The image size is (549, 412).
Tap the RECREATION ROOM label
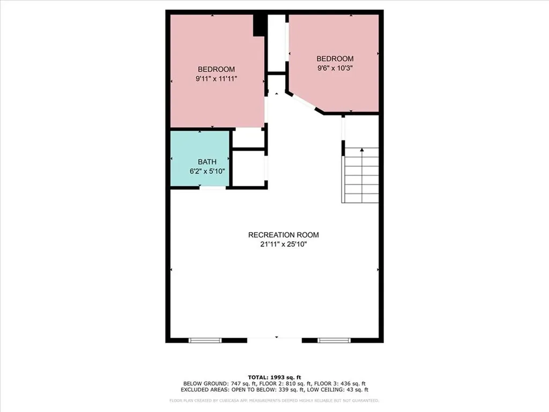tap(283, 235)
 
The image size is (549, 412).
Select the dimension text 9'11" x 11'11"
tap(216, 78)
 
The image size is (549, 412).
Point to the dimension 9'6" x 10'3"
tap(335, 68)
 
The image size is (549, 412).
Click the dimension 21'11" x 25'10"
tap(283, 244)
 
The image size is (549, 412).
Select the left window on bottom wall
tap(205, 340)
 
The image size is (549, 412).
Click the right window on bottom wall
tap(334, 340)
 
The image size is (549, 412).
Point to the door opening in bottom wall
tap(275, 339)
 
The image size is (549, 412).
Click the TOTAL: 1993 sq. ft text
tap(274, 377)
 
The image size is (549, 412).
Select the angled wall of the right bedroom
tap(304, 102)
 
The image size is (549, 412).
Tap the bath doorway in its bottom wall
tap(212, 187)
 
